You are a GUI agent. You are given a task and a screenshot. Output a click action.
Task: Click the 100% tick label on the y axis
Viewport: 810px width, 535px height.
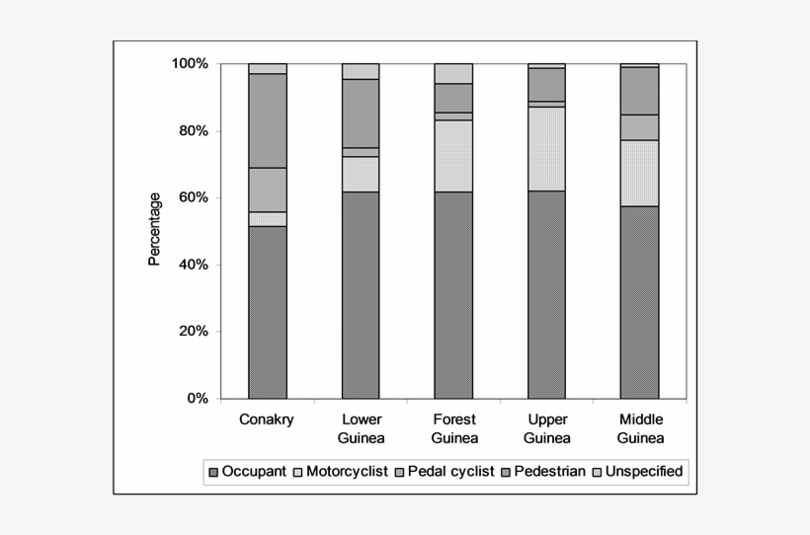pos(189,64)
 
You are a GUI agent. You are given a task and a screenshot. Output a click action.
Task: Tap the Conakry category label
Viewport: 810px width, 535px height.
pos(267,420)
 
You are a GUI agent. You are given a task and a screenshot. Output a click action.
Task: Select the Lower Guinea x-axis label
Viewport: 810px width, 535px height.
pos(361,428)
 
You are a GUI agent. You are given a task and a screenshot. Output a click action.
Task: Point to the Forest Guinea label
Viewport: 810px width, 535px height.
pos(453,428)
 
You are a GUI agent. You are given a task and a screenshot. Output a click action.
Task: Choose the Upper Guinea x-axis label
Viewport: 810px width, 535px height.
pos(546,428)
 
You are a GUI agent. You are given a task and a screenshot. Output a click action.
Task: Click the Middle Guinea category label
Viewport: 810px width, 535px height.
pos(639,428)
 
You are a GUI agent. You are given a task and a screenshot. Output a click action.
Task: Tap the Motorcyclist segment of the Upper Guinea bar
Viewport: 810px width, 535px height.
pos(546,148)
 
